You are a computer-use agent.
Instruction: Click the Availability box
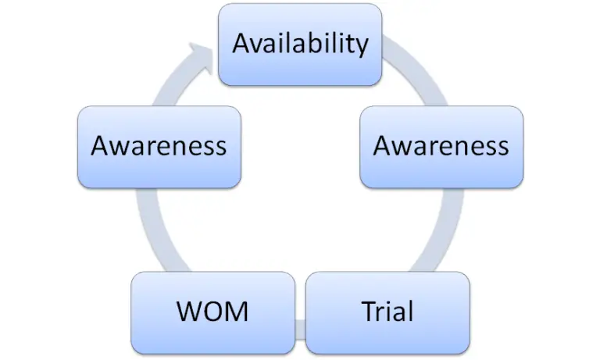[300, 44]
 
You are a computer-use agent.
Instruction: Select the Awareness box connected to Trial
[441, 146]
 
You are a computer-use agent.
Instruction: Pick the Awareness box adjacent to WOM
[159, 146]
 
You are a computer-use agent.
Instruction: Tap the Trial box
[387, 312]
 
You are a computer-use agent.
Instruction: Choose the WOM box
[212, 312]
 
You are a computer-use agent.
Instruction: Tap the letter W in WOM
[188, 312]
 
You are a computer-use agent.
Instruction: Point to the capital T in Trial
[369, 312]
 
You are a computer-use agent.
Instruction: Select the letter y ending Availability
[360, 47]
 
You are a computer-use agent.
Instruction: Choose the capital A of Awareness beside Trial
[382, 146]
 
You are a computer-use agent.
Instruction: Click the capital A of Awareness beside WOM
[99, 146]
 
